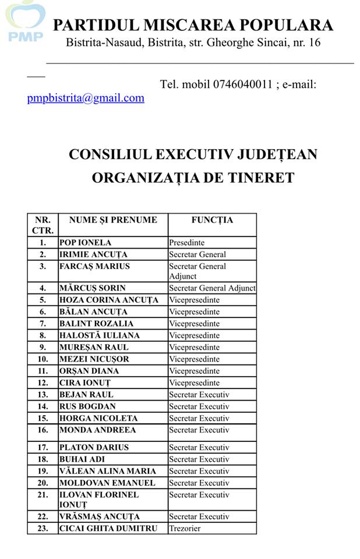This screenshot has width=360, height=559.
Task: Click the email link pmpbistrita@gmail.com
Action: coord(86,98)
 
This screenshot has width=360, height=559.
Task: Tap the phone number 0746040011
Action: coord(243,84)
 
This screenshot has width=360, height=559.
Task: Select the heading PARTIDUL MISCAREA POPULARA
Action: coord(193,26)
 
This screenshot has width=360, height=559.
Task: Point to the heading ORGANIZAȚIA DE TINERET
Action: coord(193,178)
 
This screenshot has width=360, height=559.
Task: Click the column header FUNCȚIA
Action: coord(212,220)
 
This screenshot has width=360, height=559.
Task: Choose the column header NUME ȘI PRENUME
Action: coord(113,220)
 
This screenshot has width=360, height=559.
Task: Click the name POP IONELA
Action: coord(85,242)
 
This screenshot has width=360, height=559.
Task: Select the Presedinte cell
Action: coord(187,242)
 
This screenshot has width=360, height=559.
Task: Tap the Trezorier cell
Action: coord(185,529)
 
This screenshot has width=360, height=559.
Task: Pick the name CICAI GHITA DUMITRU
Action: coord(108,529)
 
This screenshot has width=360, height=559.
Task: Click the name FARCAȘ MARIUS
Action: coord(94,266)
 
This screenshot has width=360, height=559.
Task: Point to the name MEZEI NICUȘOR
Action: coord(94,359)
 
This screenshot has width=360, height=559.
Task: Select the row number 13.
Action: coord(43,395)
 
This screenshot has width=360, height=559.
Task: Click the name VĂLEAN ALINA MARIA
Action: coord(108,471)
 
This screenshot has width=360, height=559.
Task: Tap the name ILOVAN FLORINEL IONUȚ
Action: coord(99,500)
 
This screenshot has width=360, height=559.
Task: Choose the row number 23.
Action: coord(43,529)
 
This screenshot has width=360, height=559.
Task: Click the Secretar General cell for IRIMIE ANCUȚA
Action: coord(197,254)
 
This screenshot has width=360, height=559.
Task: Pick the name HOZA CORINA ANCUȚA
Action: coord(108,300)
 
